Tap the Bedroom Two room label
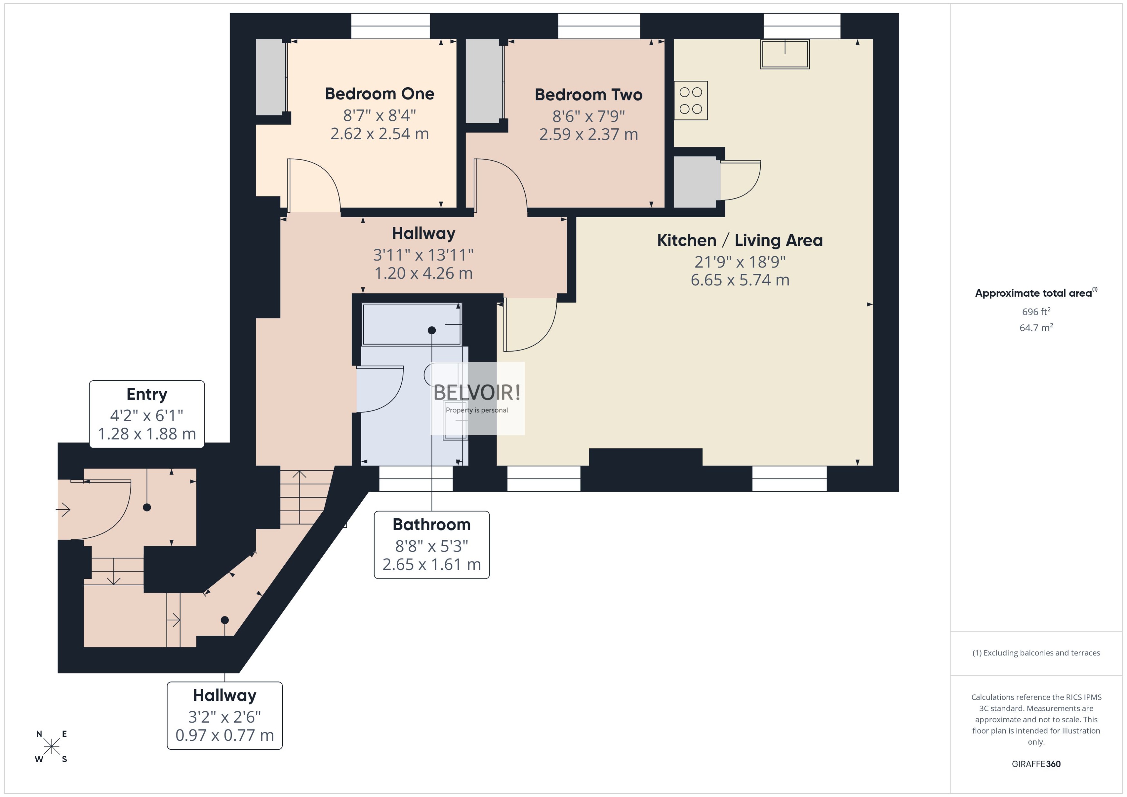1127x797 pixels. [x=588, y=95]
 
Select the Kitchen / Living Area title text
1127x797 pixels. [x=740, y=240]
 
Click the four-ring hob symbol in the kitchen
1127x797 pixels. [x=690, y=101]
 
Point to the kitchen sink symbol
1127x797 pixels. [x=784, y=53]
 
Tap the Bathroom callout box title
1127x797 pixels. [x=431, y=524]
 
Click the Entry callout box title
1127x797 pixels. [x=146, y=394]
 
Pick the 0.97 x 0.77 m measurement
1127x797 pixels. [x=224, y=735]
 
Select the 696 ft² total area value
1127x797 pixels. [x=1036, y=312]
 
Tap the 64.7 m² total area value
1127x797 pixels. [x=1036, y=327]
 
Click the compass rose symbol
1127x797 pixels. [x=52, y=746]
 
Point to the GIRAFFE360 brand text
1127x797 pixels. [x=1036, y=764]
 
